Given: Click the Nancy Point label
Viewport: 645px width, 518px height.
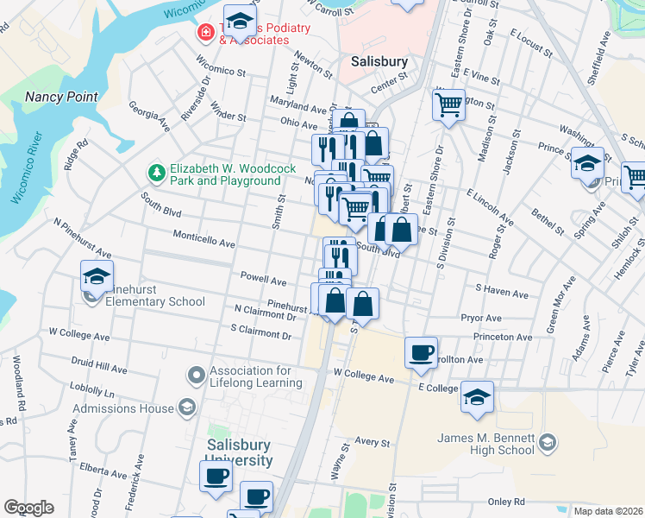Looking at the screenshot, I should [61, 97].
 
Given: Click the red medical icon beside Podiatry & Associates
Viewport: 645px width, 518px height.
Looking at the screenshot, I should [205, 34].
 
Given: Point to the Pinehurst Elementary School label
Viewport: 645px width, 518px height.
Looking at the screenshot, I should [156, 301].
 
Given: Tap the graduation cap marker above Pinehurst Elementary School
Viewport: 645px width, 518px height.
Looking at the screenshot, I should [97, 277].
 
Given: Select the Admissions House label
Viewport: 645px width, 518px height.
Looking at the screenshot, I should [123, 408].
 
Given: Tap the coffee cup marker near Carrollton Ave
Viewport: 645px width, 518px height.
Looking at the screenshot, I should [421, 352].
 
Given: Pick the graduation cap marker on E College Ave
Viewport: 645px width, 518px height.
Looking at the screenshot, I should [477, 397].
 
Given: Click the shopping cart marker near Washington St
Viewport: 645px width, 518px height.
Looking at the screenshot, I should [448, 105].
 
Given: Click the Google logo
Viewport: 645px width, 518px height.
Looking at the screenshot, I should [28, 508].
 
